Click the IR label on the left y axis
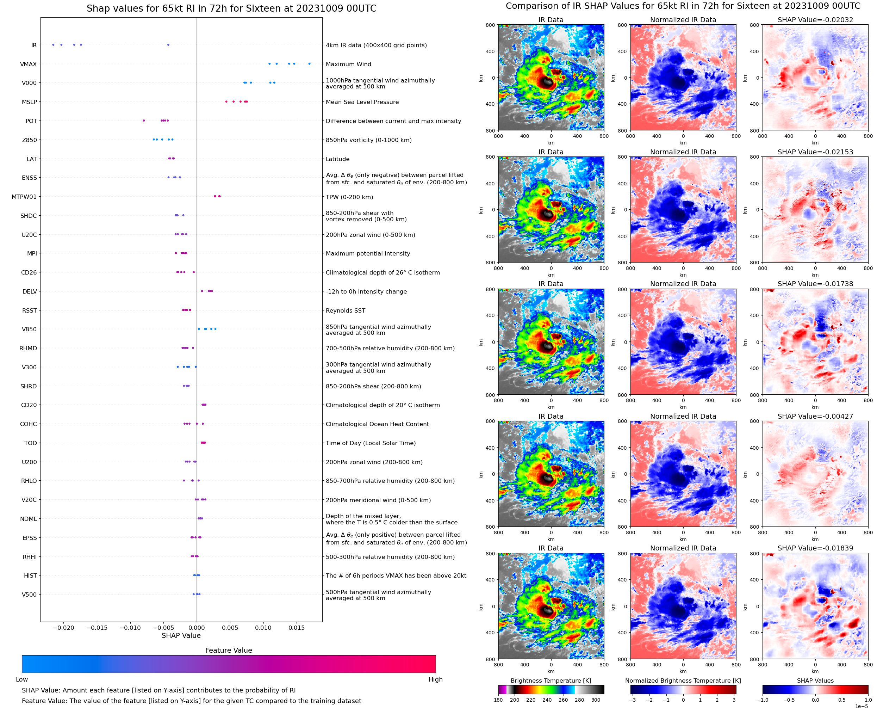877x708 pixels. point(34,45)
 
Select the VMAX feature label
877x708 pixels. point(28,64)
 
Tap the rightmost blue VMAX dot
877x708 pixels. point(309,64)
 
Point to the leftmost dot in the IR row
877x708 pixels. point(54,45)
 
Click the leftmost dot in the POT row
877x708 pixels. point(144,121)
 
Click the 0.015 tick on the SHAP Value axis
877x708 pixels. point(297,628)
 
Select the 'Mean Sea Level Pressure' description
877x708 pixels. point(362,102)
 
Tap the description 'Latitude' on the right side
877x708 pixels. point(337,159)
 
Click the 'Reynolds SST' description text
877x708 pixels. point(345,311)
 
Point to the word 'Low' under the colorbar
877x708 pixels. point(21,679)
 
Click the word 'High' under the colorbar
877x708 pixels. point(435,679)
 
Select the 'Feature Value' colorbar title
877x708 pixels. point(229,651)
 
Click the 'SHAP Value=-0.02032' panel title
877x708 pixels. point(815,20)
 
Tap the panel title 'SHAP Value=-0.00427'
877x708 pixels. point(815,417)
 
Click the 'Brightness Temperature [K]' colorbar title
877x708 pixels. point(551,681)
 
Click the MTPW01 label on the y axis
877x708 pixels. point(24,197)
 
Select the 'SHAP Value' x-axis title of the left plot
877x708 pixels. point(181,635)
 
